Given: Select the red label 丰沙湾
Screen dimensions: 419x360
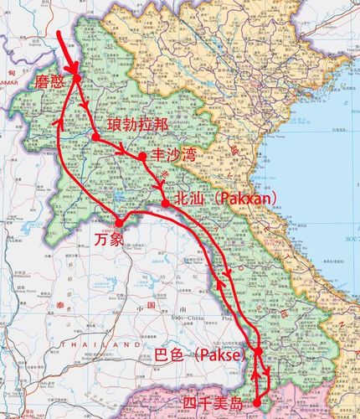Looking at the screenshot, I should [172, 155].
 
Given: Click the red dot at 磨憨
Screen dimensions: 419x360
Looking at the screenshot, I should [76, 80].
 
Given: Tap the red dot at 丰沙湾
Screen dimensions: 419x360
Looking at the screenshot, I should [142, 156].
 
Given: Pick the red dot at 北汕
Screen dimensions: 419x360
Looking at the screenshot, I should [167, 202].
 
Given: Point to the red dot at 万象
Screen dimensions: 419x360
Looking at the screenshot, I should [120, 222].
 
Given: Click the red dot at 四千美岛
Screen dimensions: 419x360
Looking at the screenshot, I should [257, 404].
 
